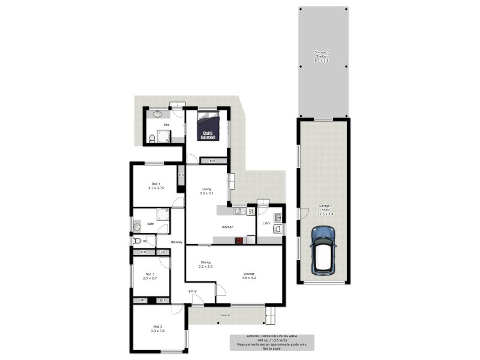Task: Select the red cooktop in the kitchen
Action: (x=238, y=241)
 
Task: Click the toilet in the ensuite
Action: (x=152, y=139)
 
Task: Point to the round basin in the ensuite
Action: (x=158, y=114)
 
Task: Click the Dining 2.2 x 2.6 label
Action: (x=206, y=265)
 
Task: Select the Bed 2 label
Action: (x=157, y=329)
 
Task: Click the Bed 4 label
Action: (x=156, y=185)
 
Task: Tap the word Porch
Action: (x=226, y=315)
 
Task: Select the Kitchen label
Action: (x=227, y=227)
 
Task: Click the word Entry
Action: (x=193, y=292)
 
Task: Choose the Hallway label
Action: (x=176, y=242)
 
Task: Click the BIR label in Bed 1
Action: (x=212, y=161)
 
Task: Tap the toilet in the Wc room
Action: (x=137, y=241)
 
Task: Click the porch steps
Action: (x=272, y=313)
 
